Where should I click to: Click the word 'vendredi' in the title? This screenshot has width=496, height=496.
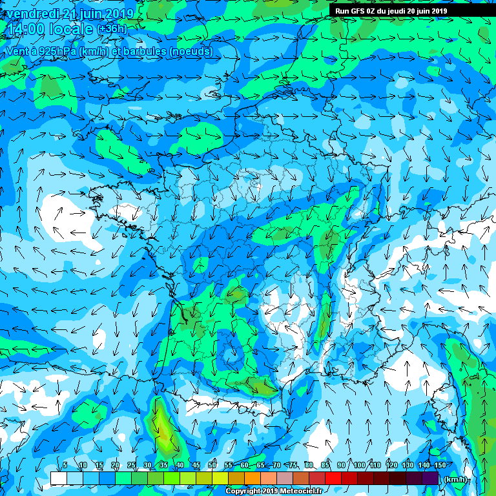[28, 14]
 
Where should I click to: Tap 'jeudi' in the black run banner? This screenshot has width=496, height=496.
[404, 11]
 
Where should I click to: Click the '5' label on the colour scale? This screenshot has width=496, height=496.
[65, 465]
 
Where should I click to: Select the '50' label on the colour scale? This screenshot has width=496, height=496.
[212, 465]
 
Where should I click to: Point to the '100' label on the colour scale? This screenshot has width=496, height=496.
[358, 465]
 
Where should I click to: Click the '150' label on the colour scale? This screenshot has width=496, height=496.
[439, 465]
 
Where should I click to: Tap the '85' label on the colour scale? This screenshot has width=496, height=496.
[325, 465]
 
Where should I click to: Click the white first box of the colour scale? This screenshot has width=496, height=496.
[58, 478]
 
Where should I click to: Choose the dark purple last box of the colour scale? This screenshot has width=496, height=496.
[431, 478]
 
